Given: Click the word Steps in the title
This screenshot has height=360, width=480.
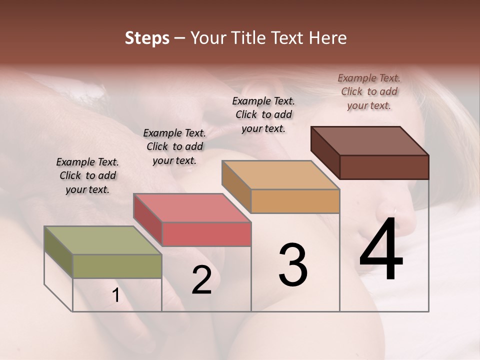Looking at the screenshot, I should (147, 38).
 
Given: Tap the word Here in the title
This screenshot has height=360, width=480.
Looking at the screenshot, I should (326, 38).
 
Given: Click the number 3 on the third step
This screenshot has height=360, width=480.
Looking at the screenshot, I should (293, 265).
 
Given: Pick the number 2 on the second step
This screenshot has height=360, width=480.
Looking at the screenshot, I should (201, 280).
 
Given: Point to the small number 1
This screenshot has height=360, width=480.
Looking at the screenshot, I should (115, 295).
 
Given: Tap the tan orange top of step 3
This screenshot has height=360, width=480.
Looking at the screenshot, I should (280, 175).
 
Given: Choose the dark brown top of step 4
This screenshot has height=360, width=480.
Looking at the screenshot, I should (370, 141).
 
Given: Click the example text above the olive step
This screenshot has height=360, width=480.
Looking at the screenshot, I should (87, 175).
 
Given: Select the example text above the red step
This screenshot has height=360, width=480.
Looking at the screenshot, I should (174, 146).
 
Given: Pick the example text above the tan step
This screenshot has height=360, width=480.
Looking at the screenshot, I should (263, 114).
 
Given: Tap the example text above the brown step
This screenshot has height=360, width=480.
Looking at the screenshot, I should (369, 91).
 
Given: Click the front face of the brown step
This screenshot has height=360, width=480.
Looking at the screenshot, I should (384, 167).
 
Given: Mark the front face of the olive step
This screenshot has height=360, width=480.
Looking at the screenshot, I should (117, 266).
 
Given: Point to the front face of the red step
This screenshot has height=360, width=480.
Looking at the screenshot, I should (206, 234).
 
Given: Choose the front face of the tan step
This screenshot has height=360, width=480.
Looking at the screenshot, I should (295, 201).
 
